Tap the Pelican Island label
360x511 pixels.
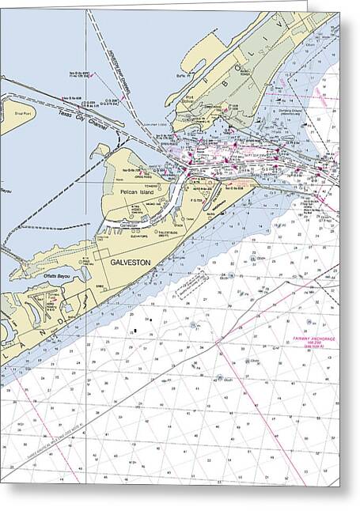134,192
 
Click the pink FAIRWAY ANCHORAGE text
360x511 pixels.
315,339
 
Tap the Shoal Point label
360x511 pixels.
13,112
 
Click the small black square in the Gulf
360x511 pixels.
135,330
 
